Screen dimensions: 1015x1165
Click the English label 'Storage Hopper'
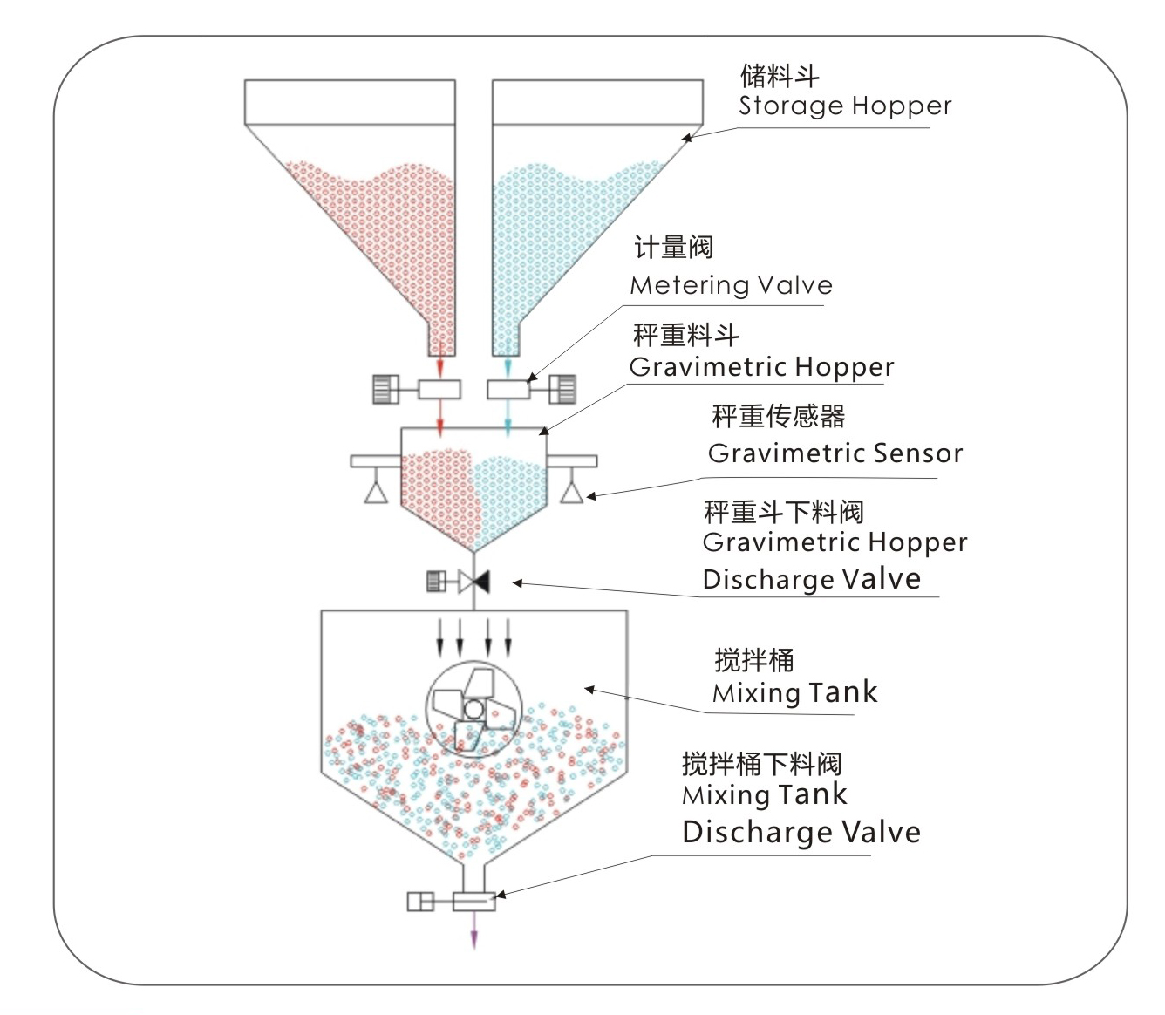[844, 106]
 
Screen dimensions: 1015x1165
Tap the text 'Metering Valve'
[731, 285]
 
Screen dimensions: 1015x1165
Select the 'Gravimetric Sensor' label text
[835, 453]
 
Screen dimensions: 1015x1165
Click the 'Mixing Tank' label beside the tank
[794, 693]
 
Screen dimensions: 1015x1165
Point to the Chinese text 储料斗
[780, 76]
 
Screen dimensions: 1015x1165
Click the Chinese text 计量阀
[673, 248]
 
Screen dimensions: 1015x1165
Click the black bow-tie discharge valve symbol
[473, 582]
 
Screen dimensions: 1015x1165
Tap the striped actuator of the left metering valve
[385, 389]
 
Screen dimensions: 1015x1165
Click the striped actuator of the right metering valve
[563, 389]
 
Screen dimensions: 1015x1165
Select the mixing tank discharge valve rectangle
[474, 901]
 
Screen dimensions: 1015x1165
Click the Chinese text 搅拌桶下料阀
[761, 764]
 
